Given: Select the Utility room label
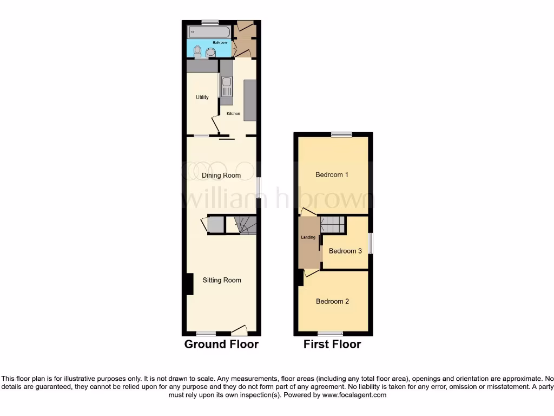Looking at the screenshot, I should click(x=202, y=97).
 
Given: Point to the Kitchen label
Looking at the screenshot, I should click(x=233, y=114).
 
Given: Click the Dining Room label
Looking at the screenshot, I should click(x=221, y=175).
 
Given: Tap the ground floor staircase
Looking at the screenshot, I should click(x=245, y=225).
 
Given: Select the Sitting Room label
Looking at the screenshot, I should click(x=222, y=280).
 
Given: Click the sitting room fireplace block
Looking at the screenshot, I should click(x=189, y=284).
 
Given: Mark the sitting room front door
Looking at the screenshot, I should click(x=240, y=330).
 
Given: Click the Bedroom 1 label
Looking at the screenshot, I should click(x=332, y=175).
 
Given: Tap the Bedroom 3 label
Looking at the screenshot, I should click(x=345, y=251).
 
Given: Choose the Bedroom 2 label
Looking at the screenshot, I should click(x=332, y=301).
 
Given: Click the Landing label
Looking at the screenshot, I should click(x=308, y=237).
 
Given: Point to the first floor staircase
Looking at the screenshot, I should click(x=333, y=224).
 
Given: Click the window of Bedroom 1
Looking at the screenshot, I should click(x=342, y=134).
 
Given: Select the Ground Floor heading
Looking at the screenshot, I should click(x=221, y=344).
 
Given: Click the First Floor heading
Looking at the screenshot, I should click(x=332, y=344).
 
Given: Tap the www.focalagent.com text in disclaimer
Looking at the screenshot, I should click(x=354, y=395).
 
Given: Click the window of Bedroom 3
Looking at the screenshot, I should click(x=371, y=243).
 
